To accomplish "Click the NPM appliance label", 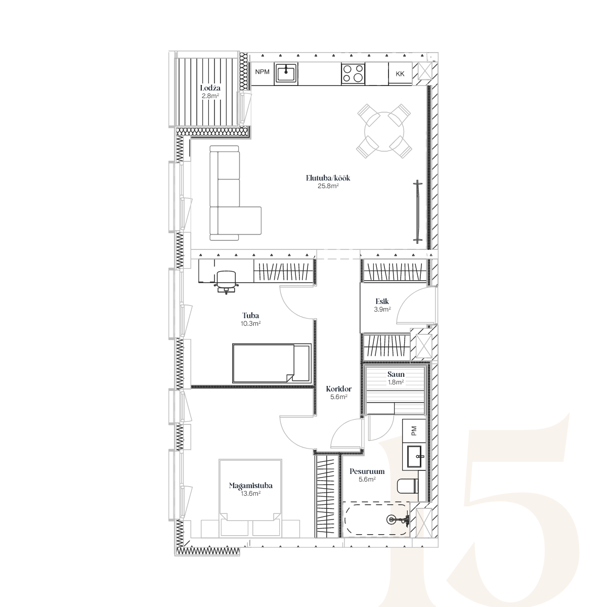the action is tap(262, 72).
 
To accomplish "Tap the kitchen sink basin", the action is tap(286, 73).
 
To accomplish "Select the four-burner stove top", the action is tap(353, 74).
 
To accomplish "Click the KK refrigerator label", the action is tap(400, 74).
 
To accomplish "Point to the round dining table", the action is tap(384, 132).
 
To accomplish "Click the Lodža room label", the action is tap(210, 88).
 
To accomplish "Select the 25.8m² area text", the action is tap(328, 186).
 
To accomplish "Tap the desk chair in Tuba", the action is tap(226, 282).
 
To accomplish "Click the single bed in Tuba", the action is tap(272, 363).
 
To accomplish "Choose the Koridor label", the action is tap(338, 388).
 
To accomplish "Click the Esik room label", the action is tap(382, 301).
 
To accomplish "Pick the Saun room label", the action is tap(396, 374).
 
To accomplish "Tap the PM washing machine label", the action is tap(414, 430).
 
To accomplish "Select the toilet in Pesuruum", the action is tap(408, 486).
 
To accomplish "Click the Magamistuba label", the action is tap(251, 486).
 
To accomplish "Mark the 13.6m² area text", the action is tap(250, 494).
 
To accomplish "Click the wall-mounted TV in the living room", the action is tap(418, 211).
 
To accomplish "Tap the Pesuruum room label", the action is tap(367, 471).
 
